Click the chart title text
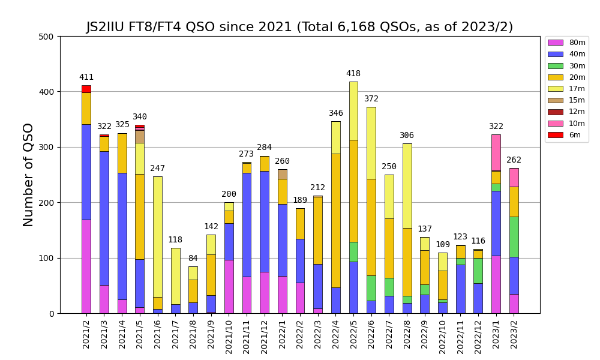[299, 27]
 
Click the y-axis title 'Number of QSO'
[29, 175]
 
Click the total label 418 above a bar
[353, 74]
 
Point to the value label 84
[193, 259]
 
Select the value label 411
[86, 77]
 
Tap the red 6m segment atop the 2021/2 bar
[86, 89]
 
